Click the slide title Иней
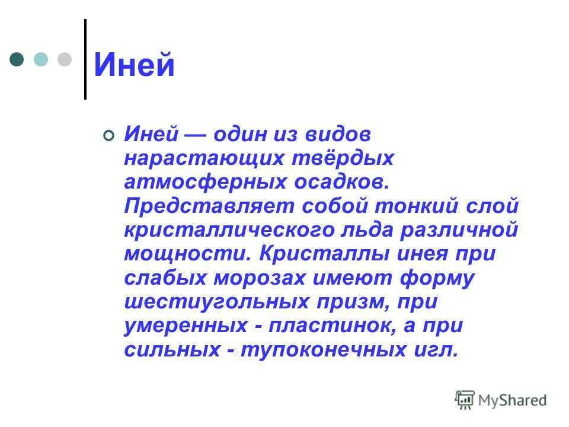pyautogui.click(x=135, y=65)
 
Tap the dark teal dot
pyautogui.click(x=17, y=59)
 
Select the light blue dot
pyautogui.click(x=41, y=59)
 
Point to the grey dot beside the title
pyautogui.click(x=65, y=59)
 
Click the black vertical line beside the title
pyautogui.click(x=85, y=59)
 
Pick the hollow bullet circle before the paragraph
pyautogui.click(x=109, y=135)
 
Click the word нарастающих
pyautogui.click(x=204, y=159)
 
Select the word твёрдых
pyautogui.click(x=343, y=158)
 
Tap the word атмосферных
pyautogui.click(x=206, y=182)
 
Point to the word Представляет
pyautogui.click(x=209, y=206)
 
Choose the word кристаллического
pyautogui.click(x=229, y=230)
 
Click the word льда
pyautogui.click(x=367, y=230)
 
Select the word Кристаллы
pyautogui.click(x=324, y=253)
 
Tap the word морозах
pyautogui.click(x=260, y=278)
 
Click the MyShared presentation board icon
pyautogui.click(x=465, y=400)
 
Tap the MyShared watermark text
pyautogui.click(x=512, y=400)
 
